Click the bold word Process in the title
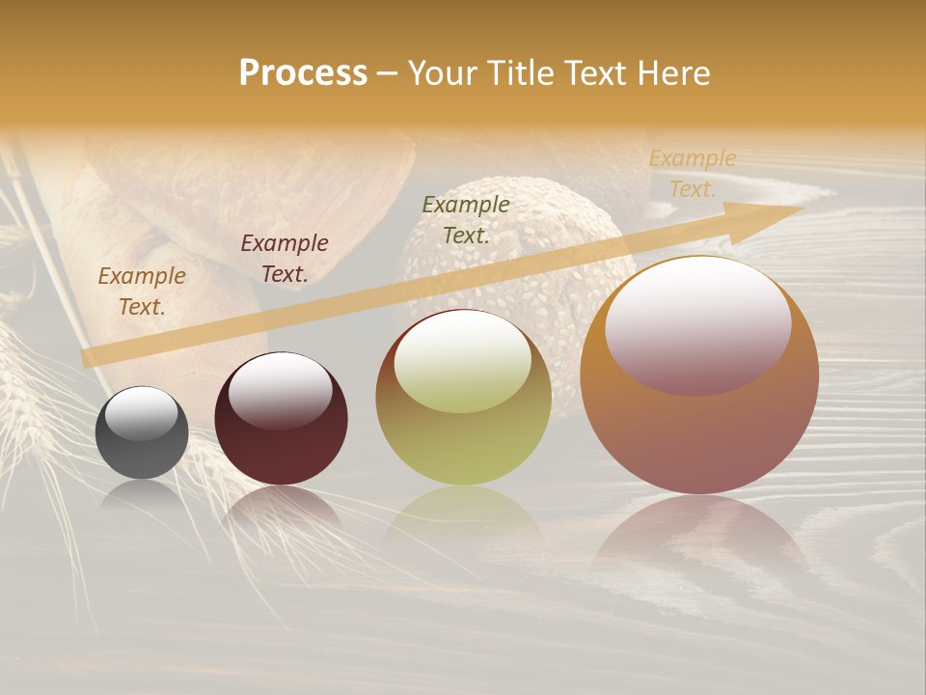pyautogui.click(x=303, y=73)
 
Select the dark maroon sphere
pyautogui.click(x=281, y=439)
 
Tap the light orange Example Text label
pyautogui.click(x=692, y=174)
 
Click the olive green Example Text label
pyautogui.click(x=466, y=219)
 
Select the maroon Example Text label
pyautogui.click(x=285, y=258)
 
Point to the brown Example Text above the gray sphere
pyautogui.click(x=142, y=291)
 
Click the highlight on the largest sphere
pyautogui.click(x=697, y=324)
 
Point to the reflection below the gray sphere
pyautogui.click(x=142, y=496)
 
